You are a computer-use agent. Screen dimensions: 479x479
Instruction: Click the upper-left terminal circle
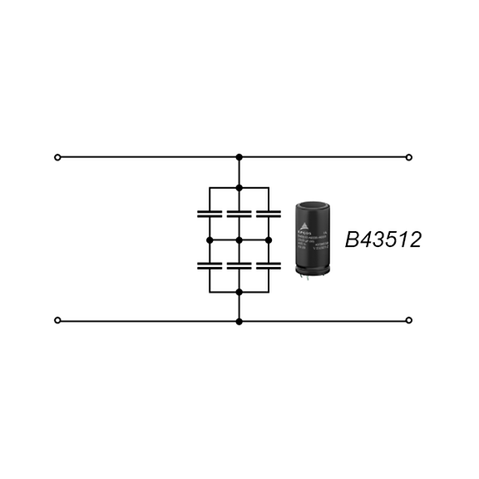57,156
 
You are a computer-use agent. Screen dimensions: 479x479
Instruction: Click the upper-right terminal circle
408,156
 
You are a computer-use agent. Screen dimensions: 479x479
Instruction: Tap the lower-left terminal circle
57,320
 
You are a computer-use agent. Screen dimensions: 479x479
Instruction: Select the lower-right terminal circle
408,320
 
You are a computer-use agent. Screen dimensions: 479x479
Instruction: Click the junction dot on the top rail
239,156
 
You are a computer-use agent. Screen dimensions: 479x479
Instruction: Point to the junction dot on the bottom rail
239,320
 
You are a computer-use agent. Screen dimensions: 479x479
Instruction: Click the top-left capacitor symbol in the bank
210,214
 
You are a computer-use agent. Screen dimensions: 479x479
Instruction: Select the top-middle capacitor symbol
239,214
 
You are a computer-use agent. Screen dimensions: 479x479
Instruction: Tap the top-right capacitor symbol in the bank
269,214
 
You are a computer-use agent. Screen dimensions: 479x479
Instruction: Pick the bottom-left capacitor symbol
210,266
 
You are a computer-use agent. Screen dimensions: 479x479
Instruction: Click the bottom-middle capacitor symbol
239,266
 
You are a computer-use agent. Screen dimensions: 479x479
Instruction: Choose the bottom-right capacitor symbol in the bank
269,266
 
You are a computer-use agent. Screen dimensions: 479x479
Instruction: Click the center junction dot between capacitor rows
239,240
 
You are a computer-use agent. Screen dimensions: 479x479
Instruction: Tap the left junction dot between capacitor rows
210,240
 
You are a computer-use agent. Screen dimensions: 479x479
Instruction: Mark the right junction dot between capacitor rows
269,240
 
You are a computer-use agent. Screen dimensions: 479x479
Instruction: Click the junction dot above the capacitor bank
239,188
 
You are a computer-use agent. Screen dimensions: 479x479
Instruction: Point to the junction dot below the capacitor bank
239,292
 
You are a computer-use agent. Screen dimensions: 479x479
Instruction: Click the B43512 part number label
383,241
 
